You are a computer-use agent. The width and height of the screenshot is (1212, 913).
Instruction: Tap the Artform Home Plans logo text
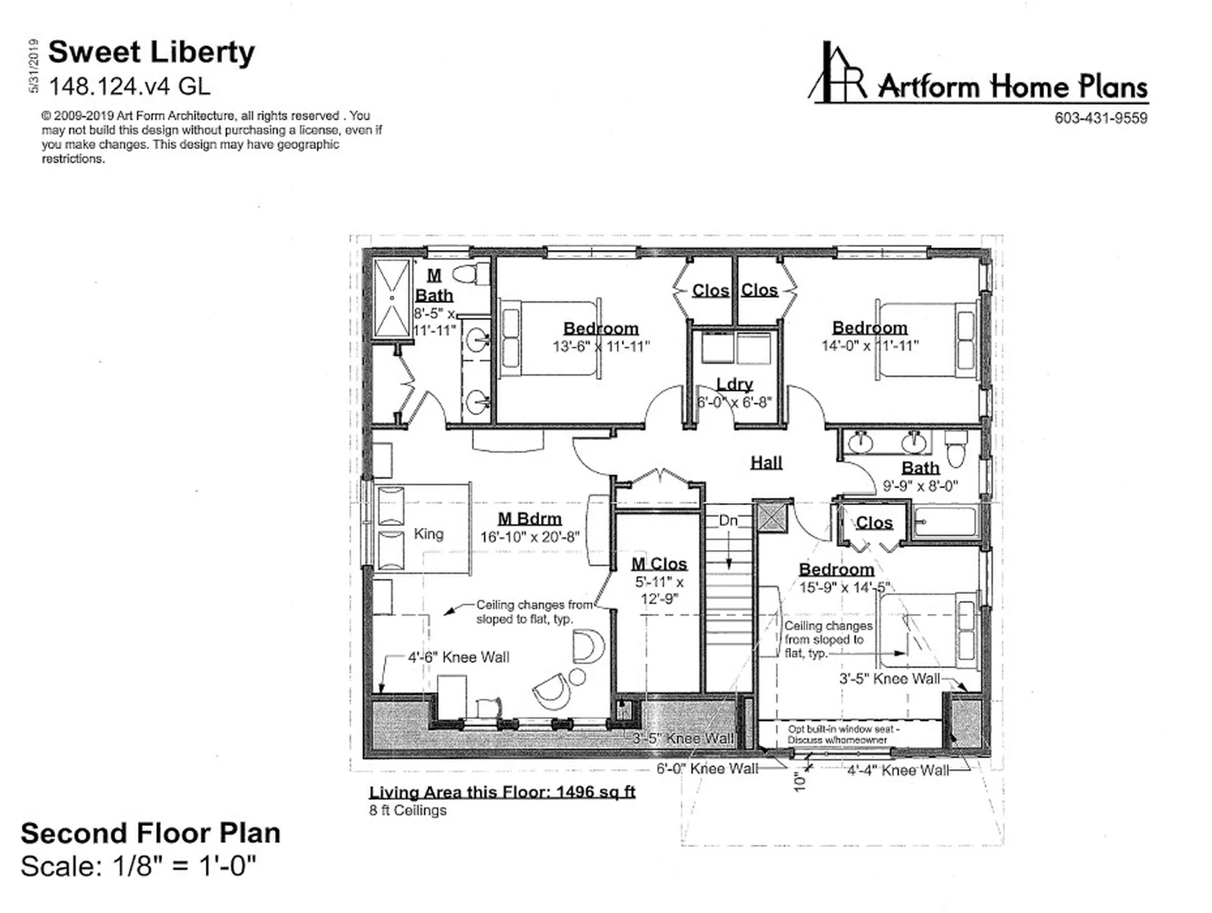[x=1013, y=87]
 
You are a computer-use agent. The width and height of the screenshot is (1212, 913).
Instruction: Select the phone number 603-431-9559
[x=1101, y=118]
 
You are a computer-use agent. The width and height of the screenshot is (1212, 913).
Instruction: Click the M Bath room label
[x=434, y=285]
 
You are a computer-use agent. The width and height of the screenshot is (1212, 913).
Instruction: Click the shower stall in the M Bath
[x=392, y=297]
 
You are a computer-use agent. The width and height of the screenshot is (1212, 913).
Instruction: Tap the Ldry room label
[x=735, y=384]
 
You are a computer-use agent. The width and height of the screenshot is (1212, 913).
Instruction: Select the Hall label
[x=766, y=463]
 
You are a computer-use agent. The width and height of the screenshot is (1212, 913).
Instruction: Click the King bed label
[x=429, y=534]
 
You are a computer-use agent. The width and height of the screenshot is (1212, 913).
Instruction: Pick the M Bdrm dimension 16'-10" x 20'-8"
[x=530, y=537]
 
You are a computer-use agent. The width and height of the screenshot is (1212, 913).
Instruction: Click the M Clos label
[x=659, y=564]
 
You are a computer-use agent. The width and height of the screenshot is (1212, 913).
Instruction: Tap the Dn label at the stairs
[x=728, y=520]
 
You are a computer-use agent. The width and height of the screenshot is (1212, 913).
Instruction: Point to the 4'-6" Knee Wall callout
[x=458, y=657]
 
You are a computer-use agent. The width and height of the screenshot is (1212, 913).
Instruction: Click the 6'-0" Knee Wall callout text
[x=707, y=768]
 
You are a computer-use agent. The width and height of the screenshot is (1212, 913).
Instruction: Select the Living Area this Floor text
[x=502, y=792]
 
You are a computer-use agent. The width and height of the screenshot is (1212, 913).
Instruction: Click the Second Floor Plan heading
[x=150, y=833]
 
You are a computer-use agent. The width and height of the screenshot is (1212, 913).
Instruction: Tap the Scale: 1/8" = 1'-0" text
[x=139, y=866]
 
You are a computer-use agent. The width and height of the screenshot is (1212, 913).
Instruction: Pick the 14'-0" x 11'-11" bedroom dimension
[x=870, y=346]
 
